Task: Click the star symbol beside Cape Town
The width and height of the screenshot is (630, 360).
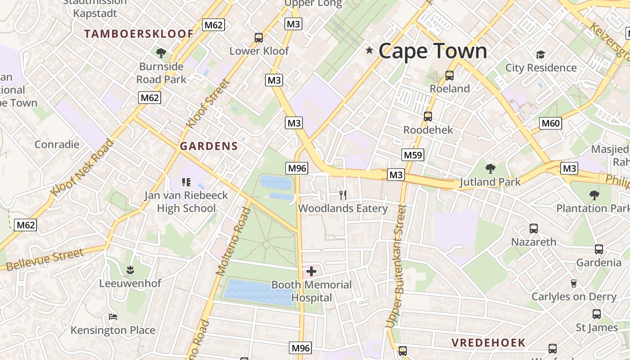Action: coord(369,50)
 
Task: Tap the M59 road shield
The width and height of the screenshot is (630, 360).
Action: coord(413,155)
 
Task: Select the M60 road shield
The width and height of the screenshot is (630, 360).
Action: coord(551,123)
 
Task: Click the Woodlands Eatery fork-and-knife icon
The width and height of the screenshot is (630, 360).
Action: coord(343,195)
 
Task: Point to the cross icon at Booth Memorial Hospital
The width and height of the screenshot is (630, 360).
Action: coord(311,271)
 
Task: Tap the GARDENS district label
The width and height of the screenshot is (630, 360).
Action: coord(209,146)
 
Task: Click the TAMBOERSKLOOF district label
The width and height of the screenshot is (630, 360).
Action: coord(139,34)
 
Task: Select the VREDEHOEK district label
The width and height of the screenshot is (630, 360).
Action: coord(488,342)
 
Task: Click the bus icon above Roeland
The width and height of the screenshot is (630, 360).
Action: coord(449,75)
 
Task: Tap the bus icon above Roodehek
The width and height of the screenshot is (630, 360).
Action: coord(427,117)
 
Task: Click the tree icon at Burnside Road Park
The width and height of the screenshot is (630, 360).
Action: coord(161,53)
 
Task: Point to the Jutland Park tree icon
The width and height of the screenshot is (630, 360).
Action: coord(490,169)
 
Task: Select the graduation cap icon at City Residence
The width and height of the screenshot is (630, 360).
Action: coord(540,54)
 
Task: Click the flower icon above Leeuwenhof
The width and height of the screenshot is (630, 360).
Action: coord(130,270)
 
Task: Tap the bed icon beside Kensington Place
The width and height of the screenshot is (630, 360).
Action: coord(113,317)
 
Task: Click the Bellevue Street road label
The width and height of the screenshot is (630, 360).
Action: coord(45,260)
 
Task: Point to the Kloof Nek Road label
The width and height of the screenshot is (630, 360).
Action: coord(82,168)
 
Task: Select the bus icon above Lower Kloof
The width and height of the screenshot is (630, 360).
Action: coord(259,38)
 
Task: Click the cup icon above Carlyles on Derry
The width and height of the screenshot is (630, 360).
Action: coord(573,283)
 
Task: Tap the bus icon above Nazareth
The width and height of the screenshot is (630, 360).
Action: coord(533,228)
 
